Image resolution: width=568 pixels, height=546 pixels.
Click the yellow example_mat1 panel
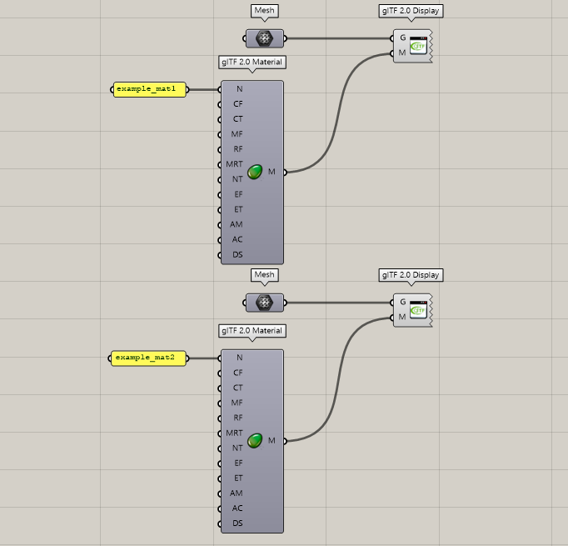(150, 89)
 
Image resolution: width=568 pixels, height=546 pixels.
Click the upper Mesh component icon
(265, 38)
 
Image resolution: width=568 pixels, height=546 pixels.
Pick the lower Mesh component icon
(265, 302)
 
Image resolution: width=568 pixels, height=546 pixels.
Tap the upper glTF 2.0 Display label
(411, 12)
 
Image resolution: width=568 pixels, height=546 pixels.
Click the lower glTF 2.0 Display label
(411, 275)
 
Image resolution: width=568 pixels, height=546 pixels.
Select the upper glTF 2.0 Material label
(252, 62)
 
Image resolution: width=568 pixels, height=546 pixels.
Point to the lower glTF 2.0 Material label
(252, 331)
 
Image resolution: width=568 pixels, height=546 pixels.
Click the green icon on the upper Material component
(255, 172)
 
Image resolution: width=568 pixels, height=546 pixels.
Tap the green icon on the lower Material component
(255, 440)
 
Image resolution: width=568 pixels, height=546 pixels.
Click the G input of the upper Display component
(402, 38)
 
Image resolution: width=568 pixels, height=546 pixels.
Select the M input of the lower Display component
(402, 317)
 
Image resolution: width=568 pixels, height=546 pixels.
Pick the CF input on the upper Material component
(237, 104)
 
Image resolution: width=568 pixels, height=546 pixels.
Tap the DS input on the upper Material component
(237, 254)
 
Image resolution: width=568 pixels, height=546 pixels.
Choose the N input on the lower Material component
(239, 358)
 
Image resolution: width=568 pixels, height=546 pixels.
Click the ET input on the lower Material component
(237, 478)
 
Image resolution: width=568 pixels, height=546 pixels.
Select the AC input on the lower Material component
(237, 508)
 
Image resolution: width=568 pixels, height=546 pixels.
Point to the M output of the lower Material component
(272, 440)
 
